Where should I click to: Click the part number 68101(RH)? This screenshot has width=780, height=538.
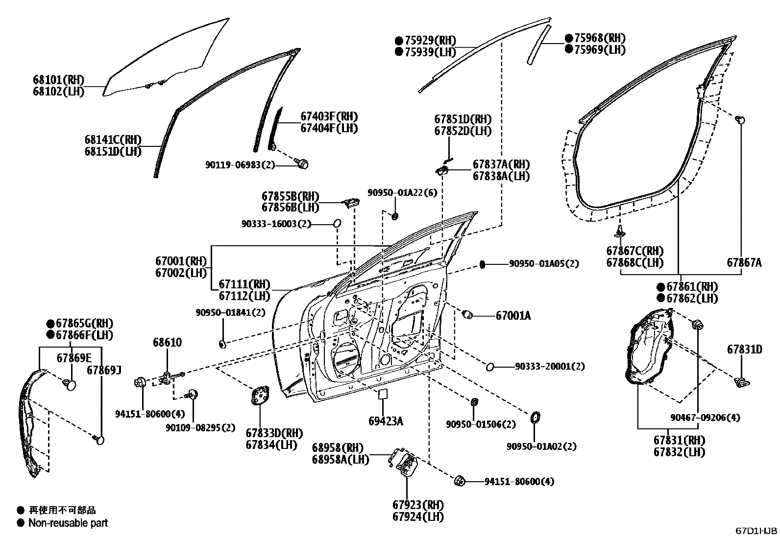pos(58,80)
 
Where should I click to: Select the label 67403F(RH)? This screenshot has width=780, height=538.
pos(329,117)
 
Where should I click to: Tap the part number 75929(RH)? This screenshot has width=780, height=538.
pos(430,41)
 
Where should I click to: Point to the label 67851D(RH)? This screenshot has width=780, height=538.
pos(463,119)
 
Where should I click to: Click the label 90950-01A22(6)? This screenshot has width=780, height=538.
pos(402,192)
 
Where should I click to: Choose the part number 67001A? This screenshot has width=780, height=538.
pos(513,316)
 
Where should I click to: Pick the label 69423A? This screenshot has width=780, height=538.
pos(386,421)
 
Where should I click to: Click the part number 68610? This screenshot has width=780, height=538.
pos(167,342)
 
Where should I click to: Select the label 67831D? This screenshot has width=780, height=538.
pos(745,350)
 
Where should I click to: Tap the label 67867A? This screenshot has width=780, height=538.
pos(744,262)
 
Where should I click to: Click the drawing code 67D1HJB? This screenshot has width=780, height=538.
pos(756,531)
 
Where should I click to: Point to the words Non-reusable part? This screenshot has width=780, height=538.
pos(68,523)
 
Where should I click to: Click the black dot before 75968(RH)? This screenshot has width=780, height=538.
pos(569,38)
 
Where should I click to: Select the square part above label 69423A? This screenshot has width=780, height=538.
pos(383,394)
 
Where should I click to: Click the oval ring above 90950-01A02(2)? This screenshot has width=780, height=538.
pos(535,417)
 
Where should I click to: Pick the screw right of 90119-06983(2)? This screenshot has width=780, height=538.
pos(302,163)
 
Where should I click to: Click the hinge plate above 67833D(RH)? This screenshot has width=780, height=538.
pos(260,396)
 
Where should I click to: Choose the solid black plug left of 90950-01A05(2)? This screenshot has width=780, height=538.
pos(482,265)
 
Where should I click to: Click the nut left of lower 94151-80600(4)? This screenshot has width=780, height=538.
pos(460,481)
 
